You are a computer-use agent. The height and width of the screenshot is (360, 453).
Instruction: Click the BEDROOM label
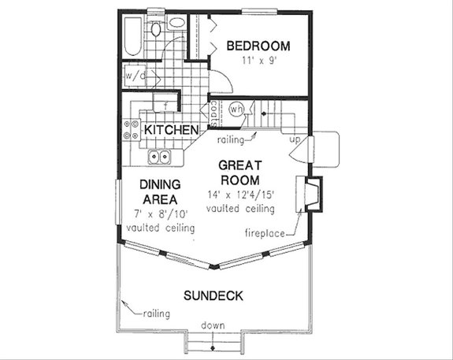point(258,45)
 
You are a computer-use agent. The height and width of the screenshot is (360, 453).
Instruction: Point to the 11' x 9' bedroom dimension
point(258,60)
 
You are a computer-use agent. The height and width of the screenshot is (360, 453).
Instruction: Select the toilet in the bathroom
point(156,29)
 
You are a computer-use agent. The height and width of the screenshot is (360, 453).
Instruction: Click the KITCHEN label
point(169,128)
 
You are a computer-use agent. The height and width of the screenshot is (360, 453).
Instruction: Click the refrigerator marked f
point(166,104)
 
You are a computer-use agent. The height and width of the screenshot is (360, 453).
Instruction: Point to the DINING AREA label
point(161,191)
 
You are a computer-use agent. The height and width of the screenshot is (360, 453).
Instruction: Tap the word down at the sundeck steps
point(213,325)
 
